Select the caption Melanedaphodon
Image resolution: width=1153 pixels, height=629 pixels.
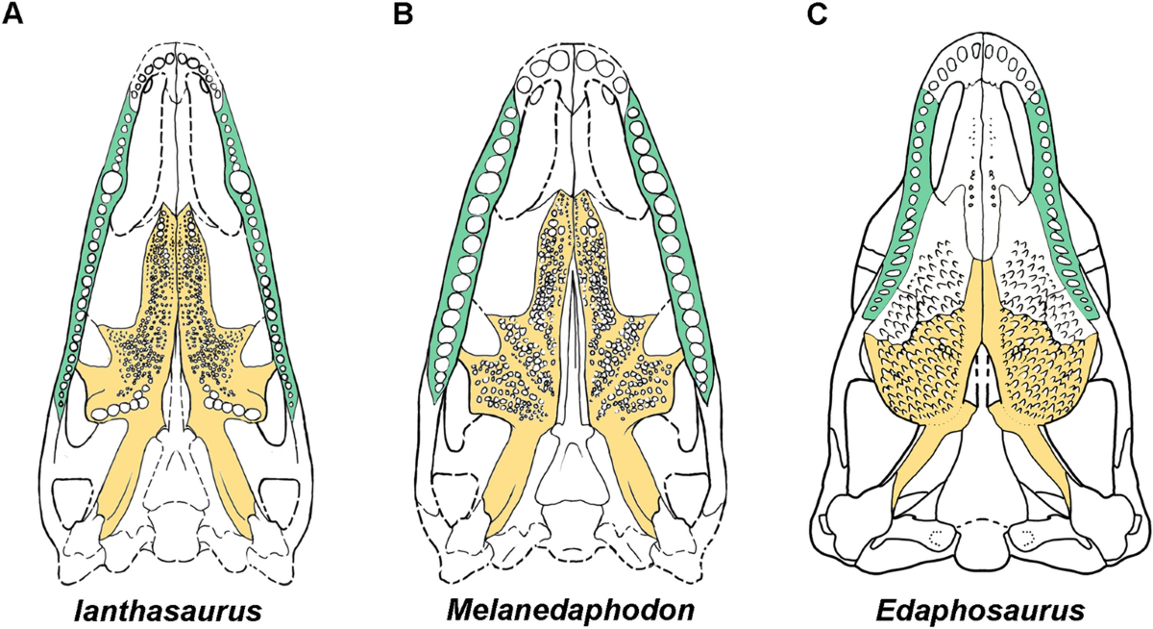pyautogui.click(x=575, y=609)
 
